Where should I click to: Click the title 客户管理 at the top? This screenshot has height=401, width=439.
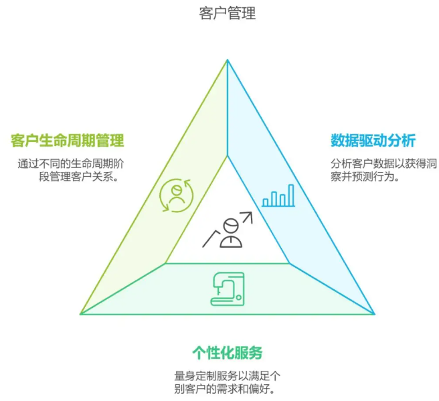tap(228, 13)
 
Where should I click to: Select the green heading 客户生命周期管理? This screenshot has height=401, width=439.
tap(67, 141)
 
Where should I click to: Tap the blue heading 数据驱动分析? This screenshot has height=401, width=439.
tap(373, 141)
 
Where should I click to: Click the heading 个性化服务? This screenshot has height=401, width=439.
tap(228, 353)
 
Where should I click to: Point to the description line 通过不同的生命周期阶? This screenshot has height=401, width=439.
tap(71, 164)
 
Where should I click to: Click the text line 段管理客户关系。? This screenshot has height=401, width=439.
tap(79, 177)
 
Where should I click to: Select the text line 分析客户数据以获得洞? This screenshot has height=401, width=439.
tap(383, 164)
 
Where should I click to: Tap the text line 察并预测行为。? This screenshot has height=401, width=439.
tap(365, 177)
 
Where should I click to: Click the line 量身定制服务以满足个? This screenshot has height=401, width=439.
tap(228, 376)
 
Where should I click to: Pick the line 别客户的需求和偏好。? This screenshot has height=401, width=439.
tap(225, 389)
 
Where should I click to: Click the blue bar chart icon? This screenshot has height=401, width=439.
tap(278, 195)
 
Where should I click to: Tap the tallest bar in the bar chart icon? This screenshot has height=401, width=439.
tap(291, 195)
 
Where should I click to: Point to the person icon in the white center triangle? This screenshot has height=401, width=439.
tap(232, 233)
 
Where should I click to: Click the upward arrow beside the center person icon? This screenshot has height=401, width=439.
tap(247, 218)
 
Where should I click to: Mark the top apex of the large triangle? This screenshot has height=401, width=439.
tap(228, 60)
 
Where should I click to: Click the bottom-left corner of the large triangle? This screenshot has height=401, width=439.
tap(80, 314)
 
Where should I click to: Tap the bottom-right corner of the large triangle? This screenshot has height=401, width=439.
tap(375, 314)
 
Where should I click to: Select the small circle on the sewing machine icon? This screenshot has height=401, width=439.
tap(238, 297)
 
